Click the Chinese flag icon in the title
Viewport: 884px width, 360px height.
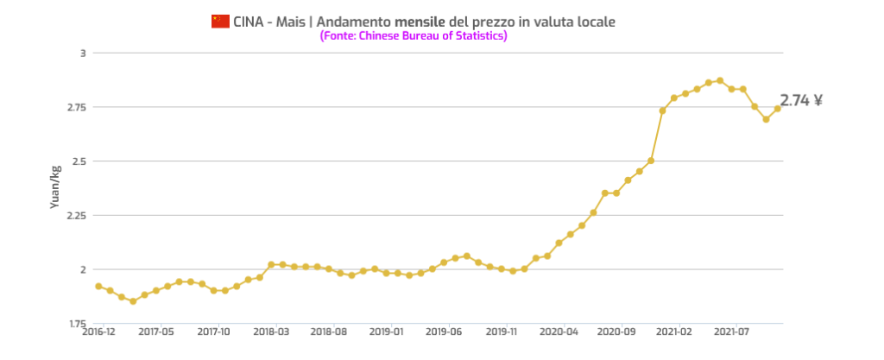pos(220,21)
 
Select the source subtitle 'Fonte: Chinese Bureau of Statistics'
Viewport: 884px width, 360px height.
pos(413,36)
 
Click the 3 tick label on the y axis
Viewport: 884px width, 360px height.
pos(83,53)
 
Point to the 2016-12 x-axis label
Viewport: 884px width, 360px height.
pos(98,331)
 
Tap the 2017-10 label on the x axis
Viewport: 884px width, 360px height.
pos(214,331)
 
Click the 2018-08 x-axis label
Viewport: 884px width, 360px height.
pos(329,331)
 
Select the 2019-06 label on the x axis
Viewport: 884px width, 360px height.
pos(444,331)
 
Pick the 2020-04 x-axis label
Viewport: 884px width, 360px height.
pos(559,331)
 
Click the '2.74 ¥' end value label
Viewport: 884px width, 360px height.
pos(800,100)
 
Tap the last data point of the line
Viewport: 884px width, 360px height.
pos(777,109)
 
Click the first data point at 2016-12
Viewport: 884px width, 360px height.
pos(98,286)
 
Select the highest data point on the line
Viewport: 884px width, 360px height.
pos(720,80)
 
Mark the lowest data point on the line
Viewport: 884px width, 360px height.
pos(133,301)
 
